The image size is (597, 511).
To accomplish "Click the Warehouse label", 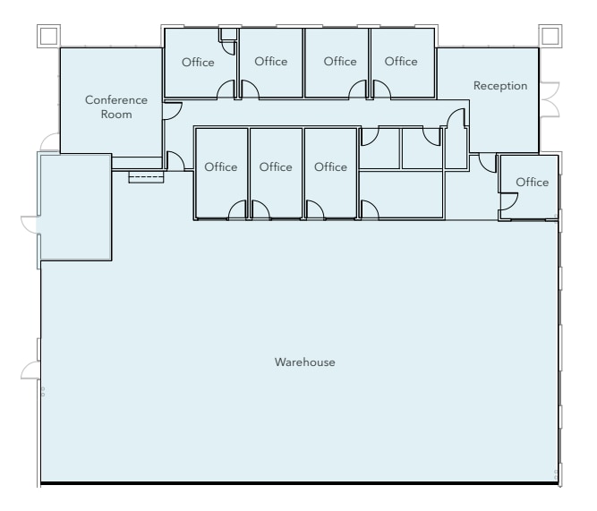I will pos(304,362).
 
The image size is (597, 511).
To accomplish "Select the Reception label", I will pos(500,86).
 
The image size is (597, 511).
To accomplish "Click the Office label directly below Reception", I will pos(532,183).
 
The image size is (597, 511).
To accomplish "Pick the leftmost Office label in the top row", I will pos(198,62).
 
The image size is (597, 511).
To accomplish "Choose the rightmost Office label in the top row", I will pos(401,62).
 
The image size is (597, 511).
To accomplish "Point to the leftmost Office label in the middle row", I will pos(220,167).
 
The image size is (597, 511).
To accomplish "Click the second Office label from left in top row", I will pos(270,62).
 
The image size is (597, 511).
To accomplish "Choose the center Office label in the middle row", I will pos(276,167).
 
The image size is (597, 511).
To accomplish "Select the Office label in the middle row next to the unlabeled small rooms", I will pos(330,167).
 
